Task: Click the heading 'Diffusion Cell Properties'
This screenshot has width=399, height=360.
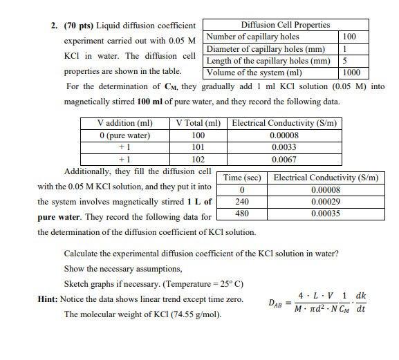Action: pyautogui.click(x=285, y=25)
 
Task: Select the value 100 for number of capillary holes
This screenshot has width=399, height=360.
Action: pyautogui.click(x=350, y=37)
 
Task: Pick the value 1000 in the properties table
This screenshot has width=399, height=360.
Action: pyautogui.click(x=351, y=72)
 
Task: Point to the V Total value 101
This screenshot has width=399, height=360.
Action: pyautogui.click(x=198, y=146)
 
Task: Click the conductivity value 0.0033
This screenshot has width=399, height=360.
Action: pyautogui.click(x=284, y=146)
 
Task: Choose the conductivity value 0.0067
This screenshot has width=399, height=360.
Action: pyautogui.click(x=284, y=158)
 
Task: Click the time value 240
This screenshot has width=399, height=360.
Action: pyautogui.click(x=242, y=201)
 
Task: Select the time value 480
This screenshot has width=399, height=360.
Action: pyautogui.click(x=242, y=214)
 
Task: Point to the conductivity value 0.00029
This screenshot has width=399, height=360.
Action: pyautogui.click(x=326, y=201)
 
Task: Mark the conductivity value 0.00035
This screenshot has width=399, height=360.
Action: pyautogui.click(x=326, y=214)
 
